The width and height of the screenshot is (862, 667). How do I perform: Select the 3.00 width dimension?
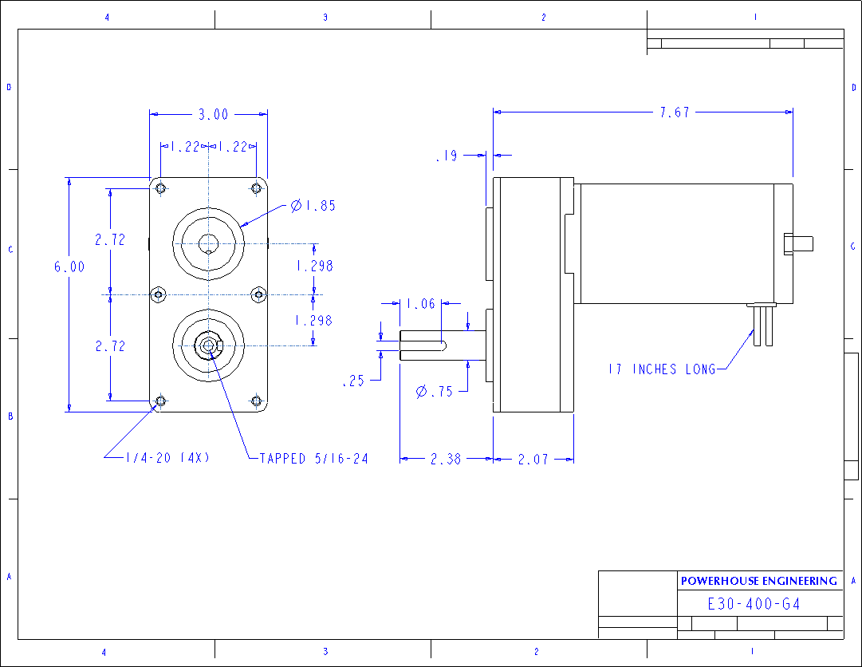click(213, 115)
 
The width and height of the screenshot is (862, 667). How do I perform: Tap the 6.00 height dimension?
click(69, 267)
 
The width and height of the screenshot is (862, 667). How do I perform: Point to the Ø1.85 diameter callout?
click(313, 206)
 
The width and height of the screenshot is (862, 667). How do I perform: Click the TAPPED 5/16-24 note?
click(313, 459)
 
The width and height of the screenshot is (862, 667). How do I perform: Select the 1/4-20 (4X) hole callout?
click(167, 458)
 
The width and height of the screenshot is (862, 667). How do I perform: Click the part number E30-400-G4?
click(754, 604)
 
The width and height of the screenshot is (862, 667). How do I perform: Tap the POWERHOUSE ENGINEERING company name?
click(758, 581)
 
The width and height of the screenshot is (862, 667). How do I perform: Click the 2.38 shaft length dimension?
click(446, 460)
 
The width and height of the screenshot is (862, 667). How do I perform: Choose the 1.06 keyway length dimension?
click(422, 304)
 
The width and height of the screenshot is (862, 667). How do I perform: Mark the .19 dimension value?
click(447, 156)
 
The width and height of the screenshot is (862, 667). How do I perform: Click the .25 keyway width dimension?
click(353, 381)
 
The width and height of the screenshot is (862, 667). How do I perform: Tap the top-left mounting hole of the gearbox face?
click(161, 188)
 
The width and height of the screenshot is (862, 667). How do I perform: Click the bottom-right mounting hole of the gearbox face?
click(256, 401)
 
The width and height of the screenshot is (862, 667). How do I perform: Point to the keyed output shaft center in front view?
click(208, 345)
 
